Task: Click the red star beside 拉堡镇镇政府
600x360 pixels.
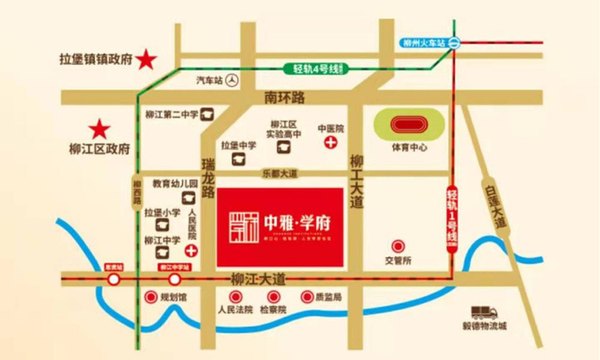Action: (146, 58)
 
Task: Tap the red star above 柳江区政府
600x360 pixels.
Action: (99, 128)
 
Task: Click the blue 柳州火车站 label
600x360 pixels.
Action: (423, 45)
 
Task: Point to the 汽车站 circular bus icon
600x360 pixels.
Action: (232, 80)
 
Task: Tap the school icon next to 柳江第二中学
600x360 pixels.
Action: (206, 114)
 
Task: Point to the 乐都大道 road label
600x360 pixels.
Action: (279, 173)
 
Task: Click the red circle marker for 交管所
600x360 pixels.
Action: (397, 246)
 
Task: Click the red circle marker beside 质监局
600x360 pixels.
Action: (306, 298)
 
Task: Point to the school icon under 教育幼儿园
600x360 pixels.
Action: (189, 198)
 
